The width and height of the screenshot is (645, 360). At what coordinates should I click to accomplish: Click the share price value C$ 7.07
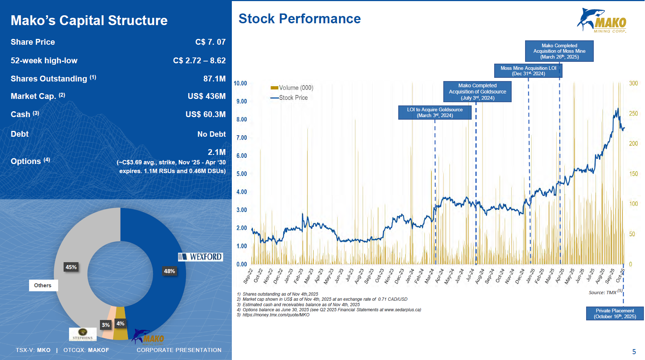[210, 42]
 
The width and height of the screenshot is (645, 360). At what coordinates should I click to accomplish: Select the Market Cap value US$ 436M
[206, 96]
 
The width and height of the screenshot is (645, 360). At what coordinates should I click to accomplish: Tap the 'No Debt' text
[211, 134]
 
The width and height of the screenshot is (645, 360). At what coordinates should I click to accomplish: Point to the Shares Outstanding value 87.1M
[214, 79]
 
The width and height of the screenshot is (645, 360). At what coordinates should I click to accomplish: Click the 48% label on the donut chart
[169, 271]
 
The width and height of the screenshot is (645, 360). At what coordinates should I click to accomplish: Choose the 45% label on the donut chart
[71, 267]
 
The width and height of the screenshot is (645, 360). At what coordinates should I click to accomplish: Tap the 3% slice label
[106, 325]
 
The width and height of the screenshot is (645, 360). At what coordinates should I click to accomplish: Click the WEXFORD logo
[201, 257]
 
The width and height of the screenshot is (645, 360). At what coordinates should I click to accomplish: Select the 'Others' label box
[43, 285]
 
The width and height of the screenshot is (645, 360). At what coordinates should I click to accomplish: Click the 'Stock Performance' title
[299, 19]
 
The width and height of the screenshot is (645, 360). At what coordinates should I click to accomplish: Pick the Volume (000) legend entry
[292, 88]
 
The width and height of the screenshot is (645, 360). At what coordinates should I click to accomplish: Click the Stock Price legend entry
[289, 98]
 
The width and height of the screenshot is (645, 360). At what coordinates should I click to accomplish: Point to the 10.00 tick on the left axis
[240, 83]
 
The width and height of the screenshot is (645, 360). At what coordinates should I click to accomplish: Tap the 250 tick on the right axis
[633, 113]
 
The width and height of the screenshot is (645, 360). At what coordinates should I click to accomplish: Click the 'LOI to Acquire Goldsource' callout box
[435, 112]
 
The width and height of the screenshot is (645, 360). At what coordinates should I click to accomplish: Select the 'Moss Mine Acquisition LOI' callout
[528, 71]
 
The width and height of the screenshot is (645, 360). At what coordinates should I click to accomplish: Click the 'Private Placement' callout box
[615, 313]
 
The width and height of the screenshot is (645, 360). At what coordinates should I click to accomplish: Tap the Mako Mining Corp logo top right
[602, 20]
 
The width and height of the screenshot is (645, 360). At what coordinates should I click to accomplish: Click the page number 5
[634, 352]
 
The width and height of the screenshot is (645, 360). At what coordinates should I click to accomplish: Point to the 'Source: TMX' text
[603, 292]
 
